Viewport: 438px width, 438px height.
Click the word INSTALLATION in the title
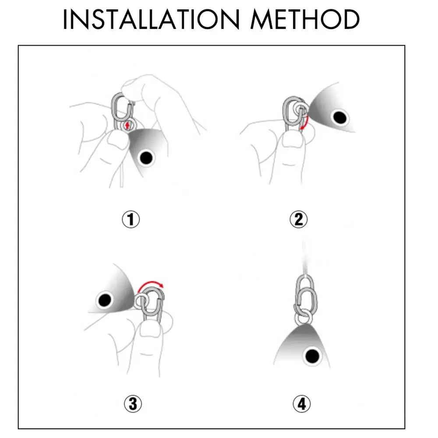tap(151, 19)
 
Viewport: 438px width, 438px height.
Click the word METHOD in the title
tap(305, 19)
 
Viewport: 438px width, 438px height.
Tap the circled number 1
tap(131, 219)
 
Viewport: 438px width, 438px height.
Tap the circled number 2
tap(299, 219)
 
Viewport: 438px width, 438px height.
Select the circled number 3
tap(133, 404)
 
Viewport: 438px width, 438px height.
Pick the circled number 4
tap(302, 404)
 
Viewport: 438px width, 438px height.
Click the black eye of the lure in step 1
tap(146, 158)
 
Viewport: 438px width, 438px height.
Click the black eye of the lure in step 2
tap(340, 117)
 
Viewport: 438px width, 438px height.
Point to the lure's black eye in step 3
tap(105, 300)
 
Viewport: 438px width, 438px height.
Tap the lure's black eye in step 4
tap(312, 356)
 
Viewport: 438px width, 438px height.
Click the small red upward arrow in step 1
tap(127, 125)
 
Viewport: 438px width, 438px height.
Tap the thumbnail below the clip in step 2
tap(292, 140)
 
